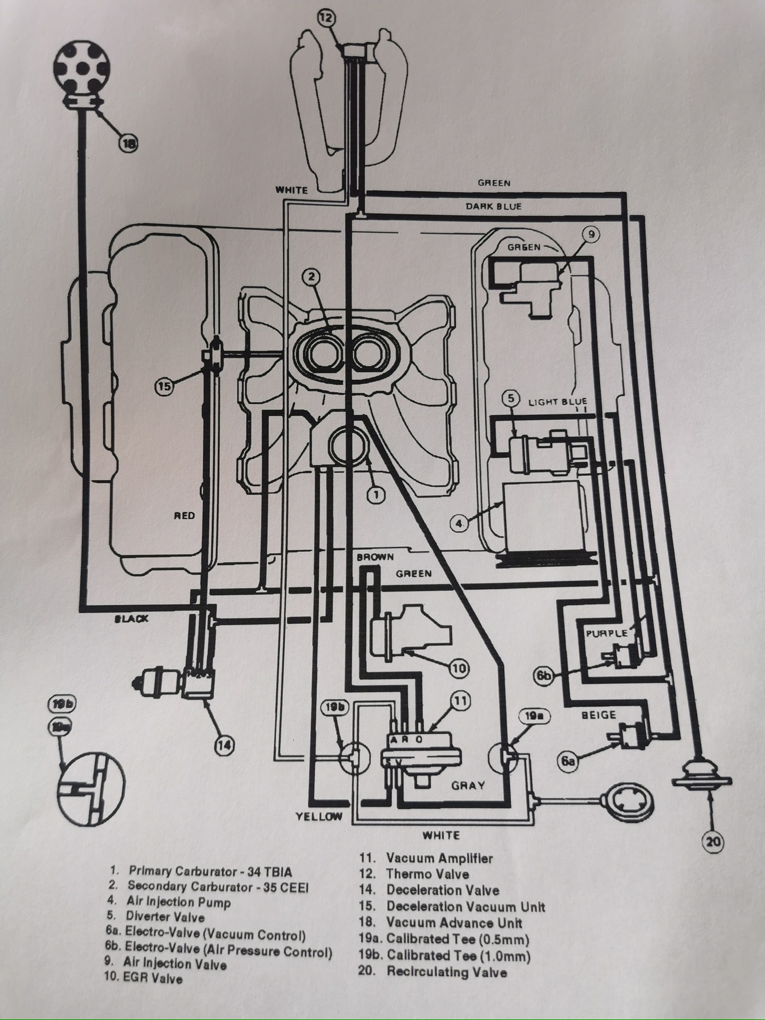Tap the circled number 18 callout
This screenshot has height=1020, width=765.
click(128, 143)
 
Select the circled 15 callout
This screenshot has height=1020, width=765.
click(165, 386)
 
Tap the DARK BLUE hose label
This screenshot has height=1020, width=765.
click(494, 206)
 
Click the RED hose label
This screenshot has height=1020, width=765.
click(184, 516)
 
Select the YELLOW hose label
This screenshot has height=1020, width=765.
click(319, 816)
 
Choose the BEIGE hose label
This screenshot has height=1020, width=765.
click(599, 715)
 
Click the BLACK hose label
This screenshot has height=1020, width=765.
click(131, 619)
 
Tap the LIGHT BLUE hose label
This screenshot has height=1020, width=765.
click(558, 402)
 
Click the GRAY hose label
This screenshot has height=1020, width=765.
click(468, 785)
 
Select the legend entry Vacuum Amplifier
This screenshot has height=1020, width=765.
click(439, 858)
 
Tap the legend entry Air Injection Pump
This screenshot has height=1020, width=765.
click(178, 902)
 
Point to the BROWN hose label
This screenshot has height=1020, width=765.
click(375, 557)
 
